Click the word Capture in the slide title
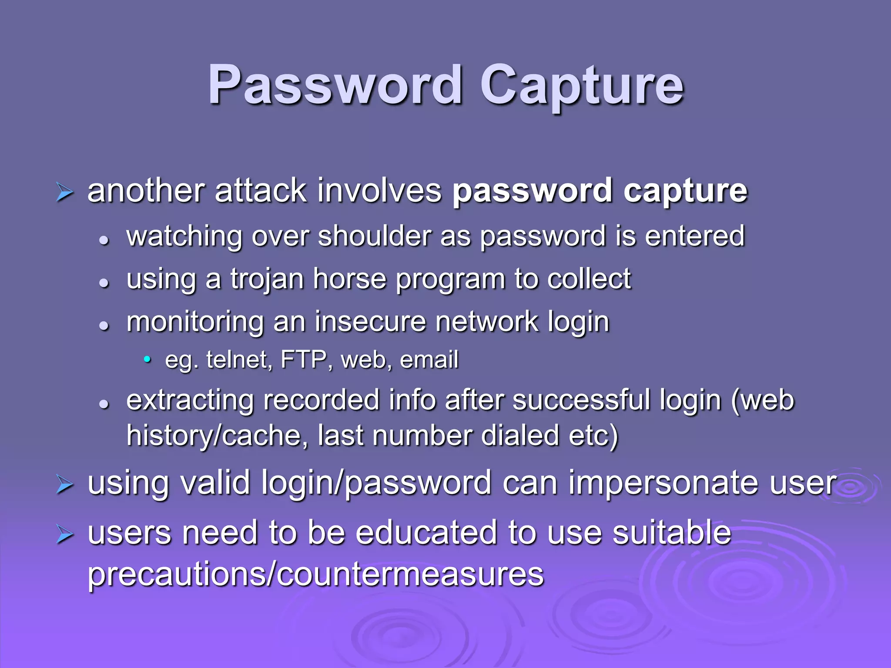581,85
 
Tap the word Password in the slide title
335,85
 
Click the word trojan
267,279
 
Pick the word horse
350,279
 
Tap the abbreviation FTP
304,360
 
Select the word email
429,360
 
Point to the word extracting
190,401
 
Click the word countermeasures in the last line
410,574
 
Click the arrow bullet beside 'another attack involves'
65,193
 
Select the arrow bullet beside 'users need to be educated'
65,534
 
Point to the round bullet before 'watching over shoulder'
104,240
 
